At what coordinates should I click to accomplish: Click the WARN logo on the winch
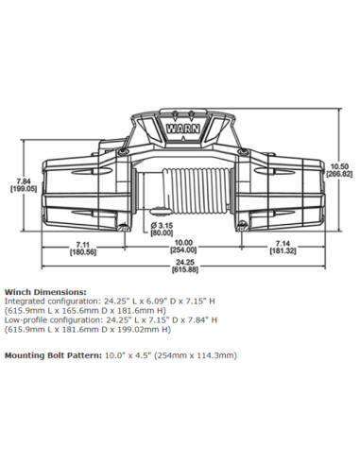tap(183, 129)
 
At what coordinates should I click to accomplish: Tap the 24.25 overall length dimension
tap(185, 262)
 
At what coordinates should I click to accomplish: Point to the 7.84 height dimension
tap(24, 181)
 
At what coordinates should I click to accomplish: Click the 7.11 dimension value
tap(82, 244)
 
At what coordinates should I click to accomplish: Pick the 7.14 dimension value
tap(283, 244)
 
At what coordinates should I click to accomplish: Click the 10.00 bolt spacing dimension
tap(183, 243)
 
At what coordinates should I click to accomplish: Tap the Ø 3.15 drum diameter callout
tap(162, 226)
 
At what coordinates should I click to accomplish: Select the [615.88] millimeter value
tap(185, 269)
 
